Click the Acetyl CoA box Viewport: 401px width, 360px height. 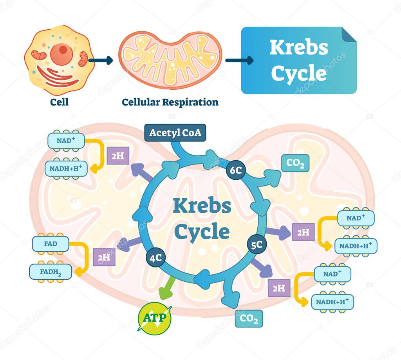point(175,133)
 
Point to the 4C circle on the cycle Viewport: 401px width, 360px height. point(155,257)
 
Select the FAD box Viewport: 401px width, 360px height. point(51,244)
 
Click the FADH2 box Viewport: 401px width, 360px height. point(51,271)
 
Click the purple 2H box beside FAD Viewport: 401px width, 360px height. point(104,257)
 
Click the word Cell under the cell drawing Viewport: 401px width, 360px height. point(59,102)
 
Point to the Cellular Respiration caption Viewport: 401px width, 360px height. point(170,102)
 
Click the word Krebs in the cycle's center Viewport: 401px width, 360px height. point(202,206)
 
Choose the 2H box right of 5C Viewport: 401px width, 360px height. point(303,232)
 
